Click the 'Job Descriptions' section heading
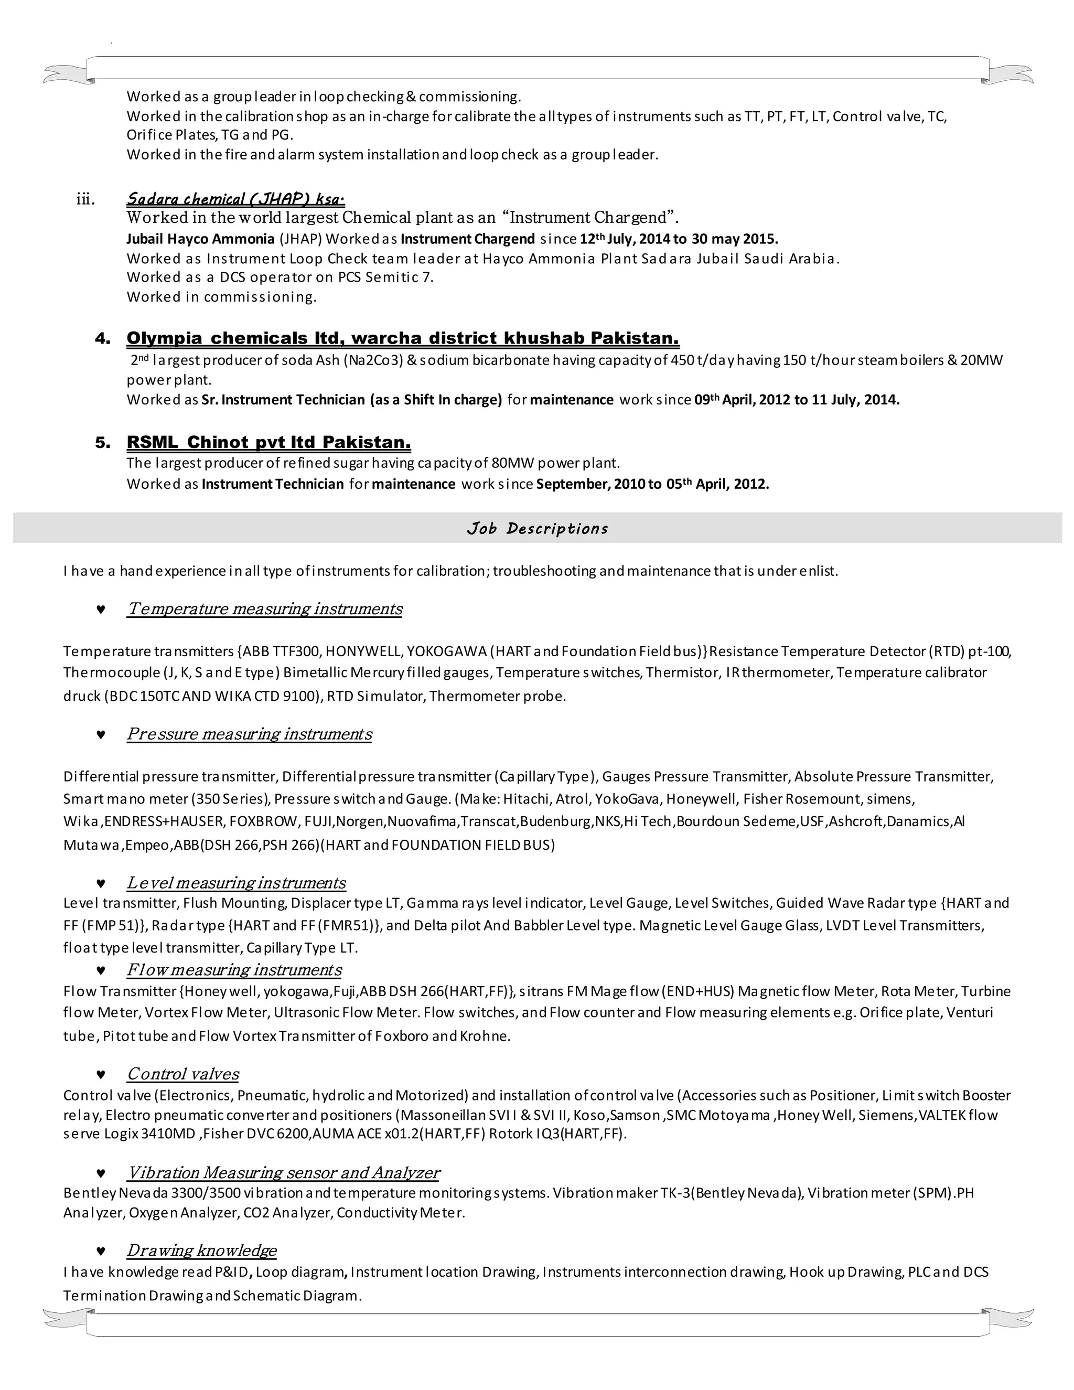pyautogui.click(x=537, y=528)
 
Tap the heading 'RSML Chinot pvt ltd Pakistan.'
pyautogui.click(x=268, y=442)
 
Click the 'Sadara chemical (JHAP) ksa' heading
pyautogui.click(x=235, y=199)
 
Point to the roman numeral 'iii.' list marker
pyautogui.click(x=85, y=200)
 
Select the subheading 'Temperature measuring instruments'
pyautogui.click(x=264, y=609)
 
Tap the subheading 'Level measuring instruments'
pyautogui.click(x=236, y=883)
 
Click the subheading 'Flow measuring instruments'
pyautogui.click(x=233, y=969)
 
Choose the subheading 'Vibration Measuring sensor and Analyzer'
pyautogui.click(x=283, y=1172)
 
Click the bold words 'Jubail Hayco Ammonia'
pyautogui.click(x=200, y=239)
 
